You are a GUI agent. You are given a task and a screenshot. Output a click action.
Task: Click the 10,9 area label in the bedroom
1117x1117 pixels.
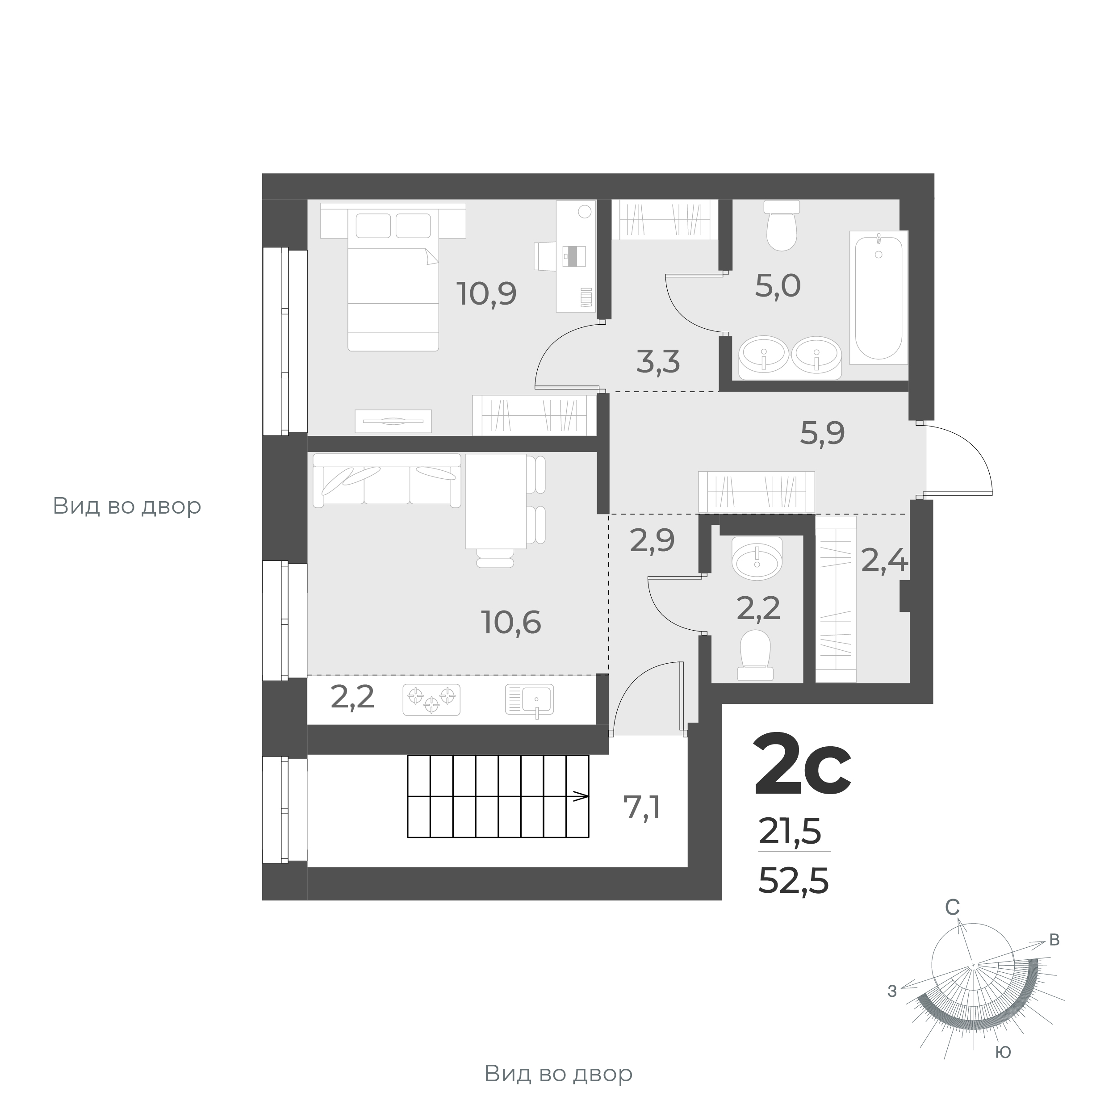pyautogui.click(x=486, y=294)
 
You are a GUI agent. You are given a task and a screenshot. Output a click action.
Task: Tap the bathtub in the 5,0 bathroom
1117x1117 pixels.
pyautogui.click(x=878, y=297)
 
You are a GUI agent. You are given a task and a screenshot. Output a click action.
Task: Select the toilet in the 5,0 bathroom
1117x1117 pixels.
pyautogui.click(x=782, y=226)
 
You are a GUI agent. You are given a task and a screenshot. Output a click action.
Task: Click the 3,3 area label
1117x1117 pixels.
pyautogui.click(x=658, y=362)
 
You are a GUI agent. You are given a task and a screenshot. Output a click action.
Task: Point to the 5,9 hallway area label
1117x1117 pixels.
pyautogui.click(x=822, y=433)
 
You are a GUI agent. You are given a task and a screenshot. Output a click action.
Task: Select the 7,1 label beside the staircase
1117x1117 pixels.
pyautogui.click(x=642, y=807)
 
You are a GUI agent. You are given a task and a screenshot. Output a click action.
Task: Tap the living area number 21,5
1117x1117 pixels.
pyautogui.click(x=790, y=833)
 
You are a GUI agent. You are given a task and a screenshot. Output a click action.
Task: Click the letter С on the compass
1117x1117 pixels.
pyautogui.click(x=952, y=925)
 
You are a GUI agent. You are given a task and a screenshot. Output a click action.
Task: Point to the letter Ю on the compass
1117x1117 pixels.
pyautogui.click(x=1003, y=1053)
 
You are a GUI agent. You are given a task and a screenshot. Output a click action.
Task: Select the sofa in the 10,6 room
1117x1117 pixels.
pyautogui.click(x=386, y=480)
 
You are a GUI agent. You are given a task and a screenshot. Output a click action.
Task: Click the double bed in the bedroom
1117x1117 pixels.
pyautogui.click(x=393, y=280)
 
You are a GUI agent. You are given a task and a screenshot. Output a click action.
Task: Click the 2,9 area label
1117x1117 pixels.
pyautogui.click(x=652, y=541)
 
